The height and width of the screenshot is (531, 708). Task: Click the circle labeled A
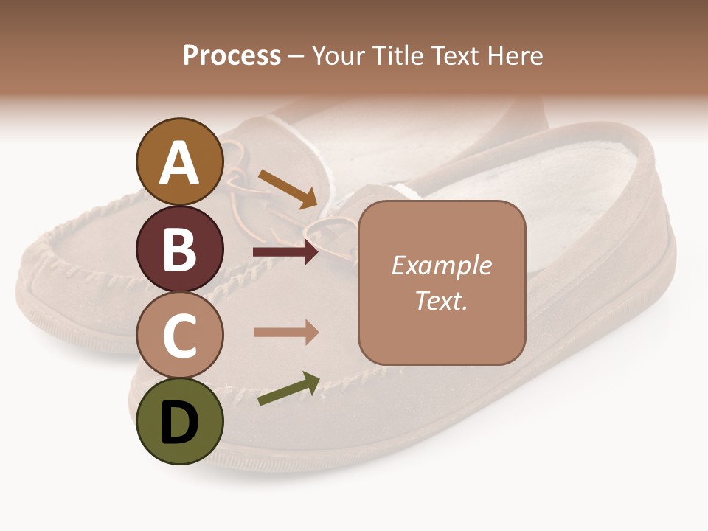179,162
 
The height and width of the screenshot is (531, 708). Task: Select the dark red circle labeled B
179,249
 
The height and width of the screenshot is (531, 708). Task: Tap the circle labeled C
179,335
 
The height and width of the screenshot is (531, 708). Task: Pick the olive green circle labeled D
179,421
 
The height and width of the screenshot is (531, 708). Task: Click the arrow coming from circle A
288,189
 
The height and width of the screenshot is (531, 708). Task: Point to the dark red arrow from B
286,252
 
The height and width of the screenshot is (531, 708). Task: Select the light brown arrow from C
286,332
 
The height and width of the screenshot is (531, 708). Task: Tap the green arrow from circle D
288,389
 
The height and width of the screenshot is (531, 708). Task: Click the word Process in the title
232,55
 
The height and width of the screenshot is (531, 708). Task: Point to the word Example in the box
441,265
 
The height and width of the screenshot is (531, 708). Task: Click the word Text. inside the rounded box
441,300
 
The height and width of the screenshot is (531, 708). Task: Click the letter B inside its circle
179,249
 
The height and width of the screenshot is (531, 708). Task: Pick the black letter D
179,422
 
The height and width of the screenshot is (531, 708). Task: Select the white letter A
179,163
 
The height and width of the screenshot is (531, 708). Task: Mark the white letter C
179,336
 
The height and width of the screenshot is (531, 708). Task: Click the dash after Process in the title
296,57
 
